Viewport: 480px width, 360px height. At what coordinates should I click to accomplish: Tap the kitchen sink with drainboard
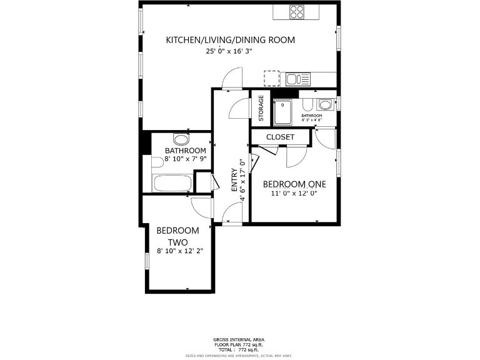click(x=297, y=79)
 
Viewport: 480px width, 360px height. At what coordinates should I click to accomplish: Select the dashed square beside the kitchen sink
click(x=272, y=78)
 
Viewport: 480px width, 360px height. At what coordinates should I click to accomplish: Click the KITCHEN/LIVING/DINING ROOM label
click(x=230, y=40)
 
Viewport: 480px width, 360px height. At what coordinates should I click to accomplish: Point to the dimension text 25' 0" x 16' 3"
click(x=229, y=52)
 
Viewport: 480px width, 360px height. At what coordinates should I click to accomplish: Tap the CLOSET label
click(x=280, y=137)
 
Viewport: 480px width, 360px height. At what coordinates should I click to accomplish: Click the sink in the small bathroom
click(x=324, y=104)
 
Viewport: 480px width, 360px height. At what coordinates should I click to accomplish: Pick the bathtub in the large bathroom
click(x=173, y=184)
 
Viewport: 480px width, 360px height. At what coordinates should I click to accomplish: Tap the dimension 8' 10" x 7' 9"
click(x=186, y=159)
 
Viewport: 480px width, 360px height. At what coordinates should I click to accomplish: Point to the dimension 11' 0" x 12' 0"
click(x=294, y=194)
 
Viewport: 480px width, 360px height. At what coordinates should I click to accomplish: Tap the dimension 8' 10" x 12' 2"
click(x=180, y=251)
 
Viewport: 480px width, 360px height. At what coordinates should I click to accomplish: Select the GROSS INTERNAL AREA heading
click(x=239, y=339)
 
